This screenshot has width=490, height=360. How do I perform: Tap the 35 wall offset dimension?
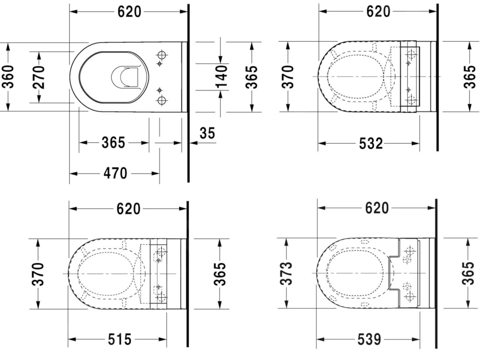point(207,133)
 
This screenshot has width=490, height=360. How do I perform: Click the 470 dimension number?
point(115,174)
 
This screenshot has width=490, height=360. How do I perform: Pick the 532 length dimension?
point(371,143)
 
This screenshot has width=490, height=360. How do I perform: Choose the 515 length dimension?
point(119,339)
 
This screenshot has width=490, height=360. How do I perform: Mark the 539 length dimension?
point(369,339)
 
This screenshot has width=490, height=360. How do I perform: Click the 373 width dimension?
point(287,273)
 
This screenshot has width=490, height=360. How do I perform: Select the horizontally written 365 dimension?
point(113,143)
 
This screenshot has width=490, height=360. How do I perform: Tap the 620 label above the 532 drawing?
point(378,12)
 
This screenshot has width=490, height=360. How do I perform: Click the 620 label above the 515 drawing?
point(128,209)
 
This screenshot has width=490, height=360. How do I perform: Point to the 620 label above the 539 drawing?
point(377,208)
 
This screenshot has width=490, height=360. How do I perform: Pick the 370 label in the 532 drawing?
point(287,77)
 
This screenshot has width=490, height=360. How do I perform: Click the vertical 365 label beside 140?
point(252,77)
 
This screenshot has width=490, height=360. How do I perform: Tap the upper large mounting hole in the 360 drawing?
point(162,55)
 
